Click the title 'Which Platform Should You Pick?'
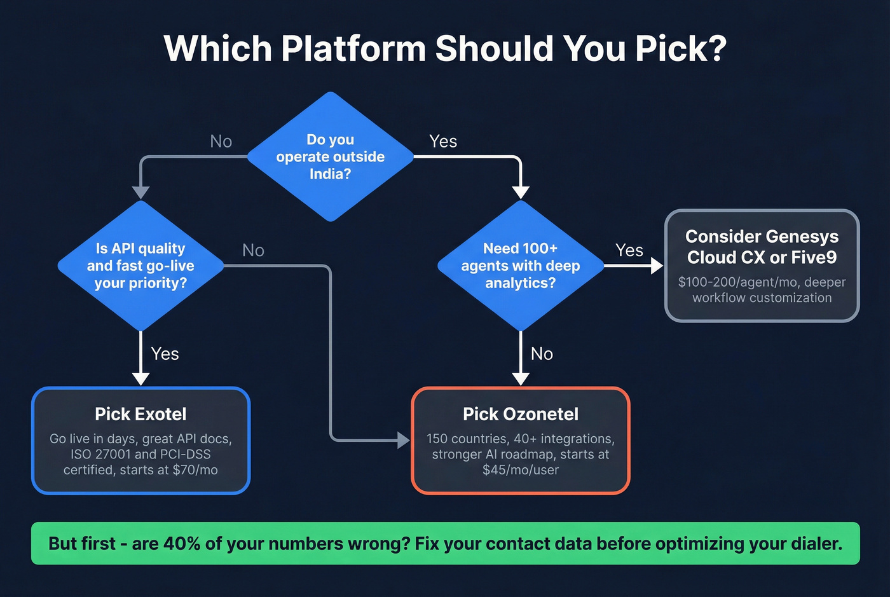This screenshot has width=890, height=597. tap(445, 48)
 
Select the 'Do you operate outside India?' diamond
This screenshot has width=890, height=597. tap(330, 156)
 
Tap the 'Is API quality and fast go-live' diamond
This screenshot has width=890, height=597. tap(140, 266)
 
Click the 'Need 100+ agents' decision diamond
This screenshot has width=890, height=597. tap(520, 266)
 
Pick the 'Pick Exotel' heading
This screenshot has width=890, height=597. tap(140, 414)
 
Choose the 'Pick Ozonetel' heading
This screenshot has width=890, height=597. tap(520, 414)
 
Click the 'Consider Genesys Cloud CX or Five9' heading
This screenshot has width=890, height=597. tap(762, 247)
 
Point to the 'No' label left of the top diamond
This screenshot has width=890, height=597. tap(221, 141)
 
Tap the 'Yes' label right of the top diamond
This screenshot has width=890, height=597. tap(442, 141)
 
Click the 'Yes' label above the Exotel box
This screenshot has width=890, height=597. tap(165, 353)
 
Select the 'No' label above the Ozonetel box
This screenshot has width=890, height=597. tap(542, 353)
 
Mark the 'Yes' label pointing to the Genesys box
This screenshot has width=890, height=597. tap(629, 250)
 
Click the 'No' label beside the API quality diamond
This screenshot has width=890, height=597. tap(253, 250)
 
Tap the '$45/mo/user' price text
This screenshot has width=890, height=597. tap(520, 470)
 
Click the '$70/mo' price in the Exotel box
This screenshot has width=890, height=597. tap(195, 470)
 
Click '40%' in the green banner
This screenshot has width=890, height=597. tap(182, 544)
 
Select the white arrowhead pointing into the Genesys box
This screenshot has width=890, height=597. tap(657, 266)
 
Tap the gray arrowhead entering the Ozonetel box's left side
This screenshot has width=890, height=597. tap(404, 439)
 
